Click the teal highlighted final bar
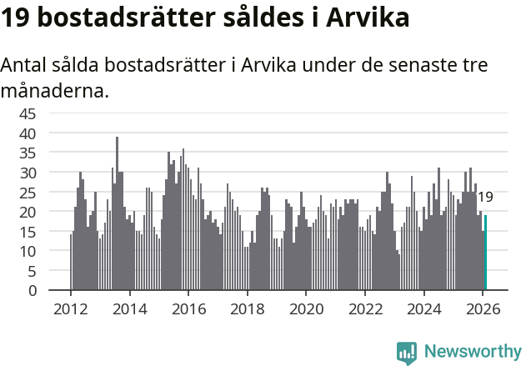tap(485, 253)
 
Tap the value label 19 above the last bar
tap(485, 198)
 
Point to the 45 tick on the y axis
tap(28, 113)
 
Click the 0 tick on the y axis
tap(33, 291)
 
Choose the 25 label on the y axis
tap(28, 193)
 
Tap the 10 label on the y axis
tap(28, 251)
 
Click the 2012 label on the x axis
tap(70, 308)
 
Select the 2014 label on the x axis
tap(129, 308)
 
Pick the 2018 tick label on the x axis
tap(247, 308)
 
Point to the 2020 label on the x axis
tap(306, 308)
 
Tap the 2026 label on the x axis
tap(483, 308)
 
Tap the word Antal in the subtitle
tap(24, 65)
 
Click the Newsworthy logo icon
tap(407, 352)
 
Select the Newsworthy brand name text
tap(472, 352)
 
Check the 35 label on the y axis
tap(28, 153)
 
